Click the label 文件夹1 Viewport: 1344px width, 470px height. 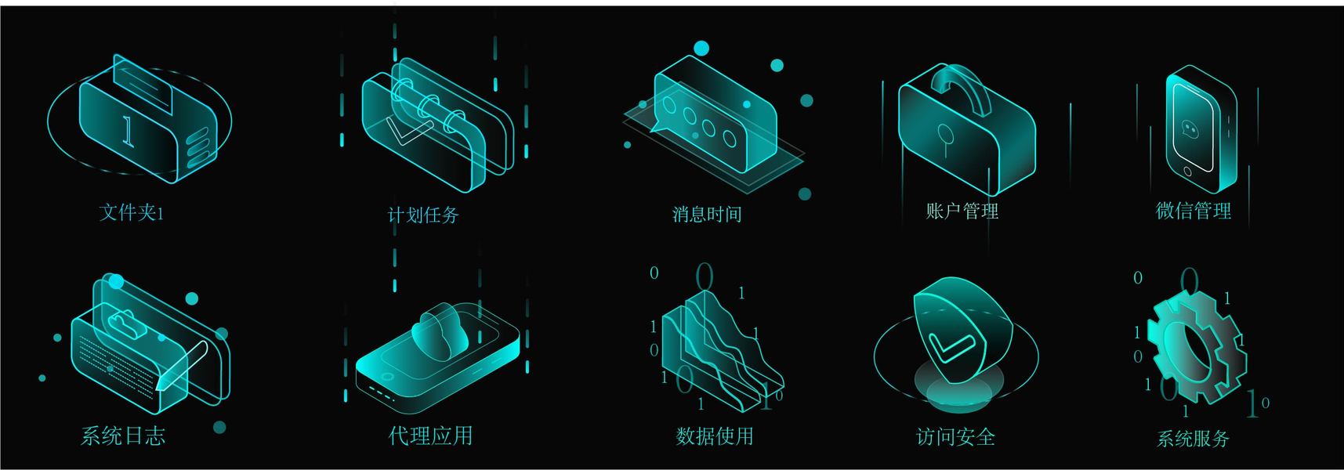pyautogui.click(x=132, y=212)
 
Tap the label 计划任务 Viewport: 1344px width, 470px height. pyautogui.click(x=423, y=215)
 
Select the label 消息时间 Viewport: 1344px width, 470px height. pyautogui.click(x=707, y=214)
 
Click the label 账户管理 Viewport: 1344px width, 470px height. pyautogui.click(x=962, y=211)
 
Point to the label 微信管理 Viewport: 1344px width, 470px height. pyautogui.click(x=1194, y=210)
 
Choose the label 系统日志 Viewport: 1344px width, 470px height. pyautogui.click(x=123, y=436)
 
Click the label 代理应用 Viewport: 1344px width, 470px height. pyautogui.click(x=431, y=436)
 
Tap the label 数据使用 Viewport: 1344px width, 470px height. pyautogui.click(x=715, y=436)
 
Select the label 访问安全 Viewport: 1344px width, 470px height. pyautogui.click(x=956, y=436)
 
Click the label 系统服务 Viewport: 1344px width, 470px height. pyautogui.click(x=1194, y=438)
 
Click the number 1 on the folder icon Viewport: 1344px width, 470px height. pyautogui.click(x=128, y=130)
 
